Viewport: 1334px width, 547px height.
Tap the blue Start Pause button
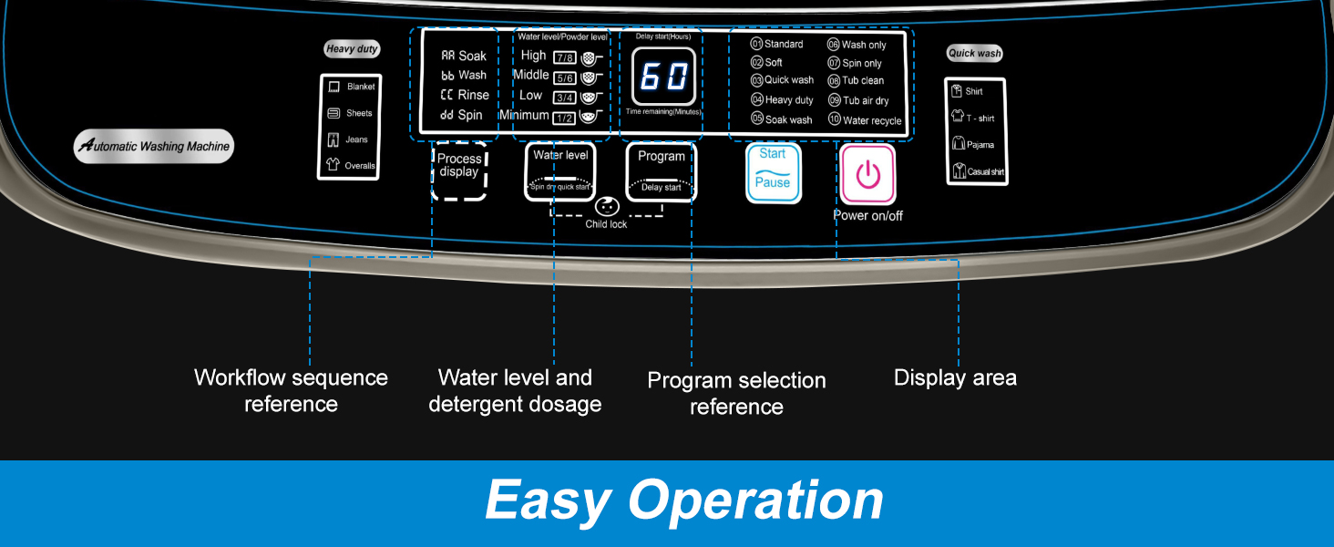coord(773,172)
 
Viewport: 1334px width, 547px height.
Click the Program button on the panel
coord(662,171)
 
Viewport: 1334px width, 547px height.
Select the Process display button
coord(459,170)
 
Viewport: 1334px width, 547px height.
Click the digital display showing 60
coord(663,77)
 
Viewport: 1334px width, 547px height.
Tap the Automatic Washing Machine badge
coord(154,146)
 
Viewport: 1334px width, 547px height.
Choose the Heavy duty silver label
coord(352,49)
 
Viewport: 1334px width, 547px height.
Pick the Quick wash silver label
coord(974,53)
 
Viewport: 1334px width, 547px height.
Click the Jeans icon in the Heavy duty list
coord(333,139)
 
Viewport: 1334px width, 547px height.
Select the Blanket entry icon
coord(333,87)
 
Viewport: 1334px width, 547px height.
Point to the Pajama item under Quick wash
coord(958,144)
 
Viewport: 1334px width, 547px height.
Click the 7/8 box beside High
coord(564,57)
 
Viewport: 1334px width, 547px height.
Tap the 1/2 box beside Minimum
coord(564,117)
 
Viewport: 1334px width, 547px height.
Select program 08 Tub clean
coord(856,81)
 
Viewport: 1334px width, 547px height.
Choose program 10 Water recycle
coord(864,120)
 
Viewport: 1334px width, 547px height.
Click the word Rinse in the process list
coord(473,95)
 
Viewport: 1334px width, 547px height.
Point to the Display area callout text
coord(955,377)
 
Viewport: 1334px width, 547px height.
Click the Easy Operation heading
coord(683,501)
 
